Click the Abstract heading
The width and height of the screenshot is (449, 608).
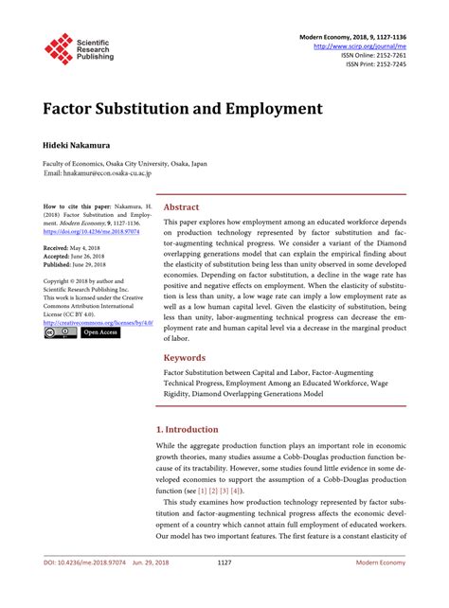(x=182, y=206)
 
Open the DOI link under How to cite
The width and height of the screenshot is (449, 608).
(x=94, y=231)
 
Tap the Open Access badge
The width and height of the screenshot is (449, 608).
(x=100, y=333)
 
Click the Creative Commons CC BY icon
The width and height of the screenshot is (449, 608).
(x=60, y=333)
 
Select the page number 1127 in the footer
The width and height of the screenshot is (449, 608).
(x=224, y=588)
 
